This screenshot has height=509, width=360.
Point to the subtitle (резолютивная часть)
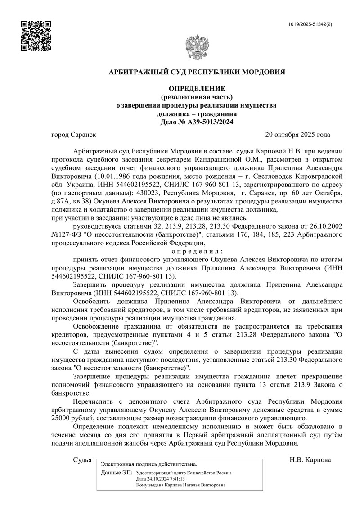point(197,97)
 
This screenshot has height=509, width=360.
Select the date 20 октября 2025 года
point(298,135)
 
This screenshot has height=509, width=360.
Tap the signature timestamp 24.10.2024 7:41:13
point(165,479)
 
